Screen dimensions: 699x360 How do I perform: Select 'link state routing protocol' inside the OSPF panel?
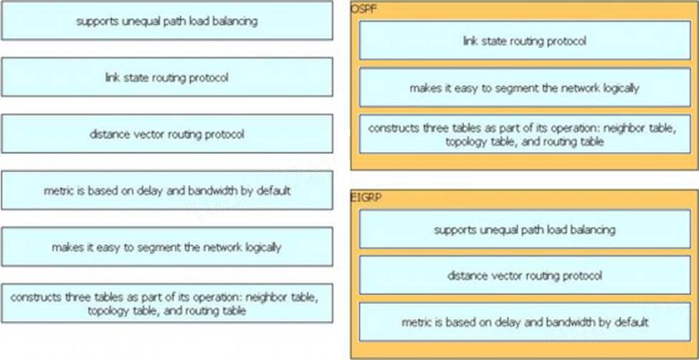pyautogui.click(x=525, y=40)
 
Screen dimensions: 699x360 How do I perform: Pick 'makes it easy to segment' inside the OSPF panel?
pyautogui.click(x=525, y=87)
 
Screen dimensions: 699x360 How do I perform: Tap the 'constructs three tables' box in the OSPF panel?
pyautogui.click(x=525, y=134)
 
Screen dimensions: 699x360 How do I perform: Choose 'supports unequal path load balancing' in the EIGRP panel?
pyautogui.click(x=525, y=229)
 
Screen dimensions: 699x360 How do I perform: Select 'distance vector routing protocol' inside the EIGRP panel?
pyautogui.click(x=525, y=275)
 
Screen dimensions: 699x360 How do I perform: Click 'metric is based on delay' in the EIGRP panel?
pyautogui.click(x=525, y=322)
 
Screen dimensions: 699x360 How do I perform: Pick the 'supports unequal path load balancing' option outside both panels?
pyautogui.click(x=167, y=21)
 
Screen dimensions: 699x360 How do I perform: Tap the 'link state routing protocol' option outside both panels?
pyautogui.click(x=167, y=77)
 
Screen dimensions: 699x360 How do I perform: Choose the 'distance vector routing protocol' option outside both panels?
pyautogui.click(x=167, y=133)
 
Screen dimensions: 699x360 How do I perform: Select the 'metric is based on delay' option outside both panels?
pyautogui.click(x=167, y=190)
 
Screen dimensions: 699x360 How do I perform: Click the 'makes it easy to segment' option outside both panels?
pyautogui.click(x=167, y=246)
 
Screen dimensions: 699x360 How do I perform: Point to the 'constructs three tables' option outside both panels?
pyautogui.click(x=167, y=303)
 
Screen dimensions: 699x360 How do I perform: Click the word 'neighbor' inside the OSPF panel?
pyautogui.click(x=629, y=128)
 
